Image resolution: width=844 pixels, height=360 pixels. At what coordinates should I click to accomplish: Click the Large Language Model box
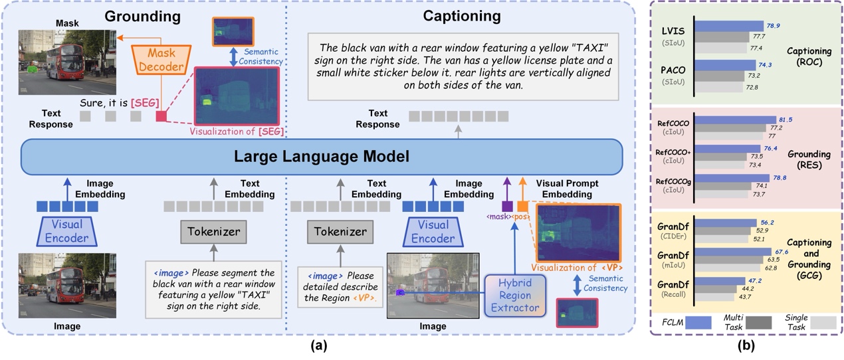coord(322,157)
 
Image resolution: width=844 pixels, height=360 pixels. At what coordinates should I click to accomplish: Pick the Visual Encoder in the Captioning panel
coord(433,232)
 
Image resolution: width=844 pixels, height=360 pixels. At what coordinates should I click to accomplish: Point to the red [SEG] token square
coord(161,116)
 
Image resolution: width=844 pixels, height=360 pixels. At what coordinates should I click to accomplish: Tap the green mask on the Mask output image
coord(32,68)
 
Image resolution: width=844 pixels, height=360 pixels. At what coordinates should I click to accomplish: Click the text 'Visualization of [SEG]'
coord(237,132)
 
